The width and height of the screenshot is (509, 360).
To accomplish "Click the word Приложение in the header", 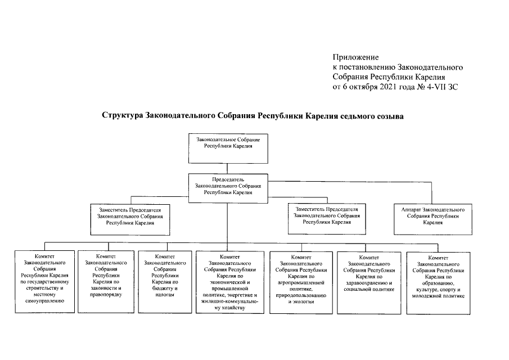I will click(x=355, y=57).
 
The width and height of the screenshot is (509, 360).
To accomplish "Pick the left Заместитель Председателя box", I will click(x=130, y=217).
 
